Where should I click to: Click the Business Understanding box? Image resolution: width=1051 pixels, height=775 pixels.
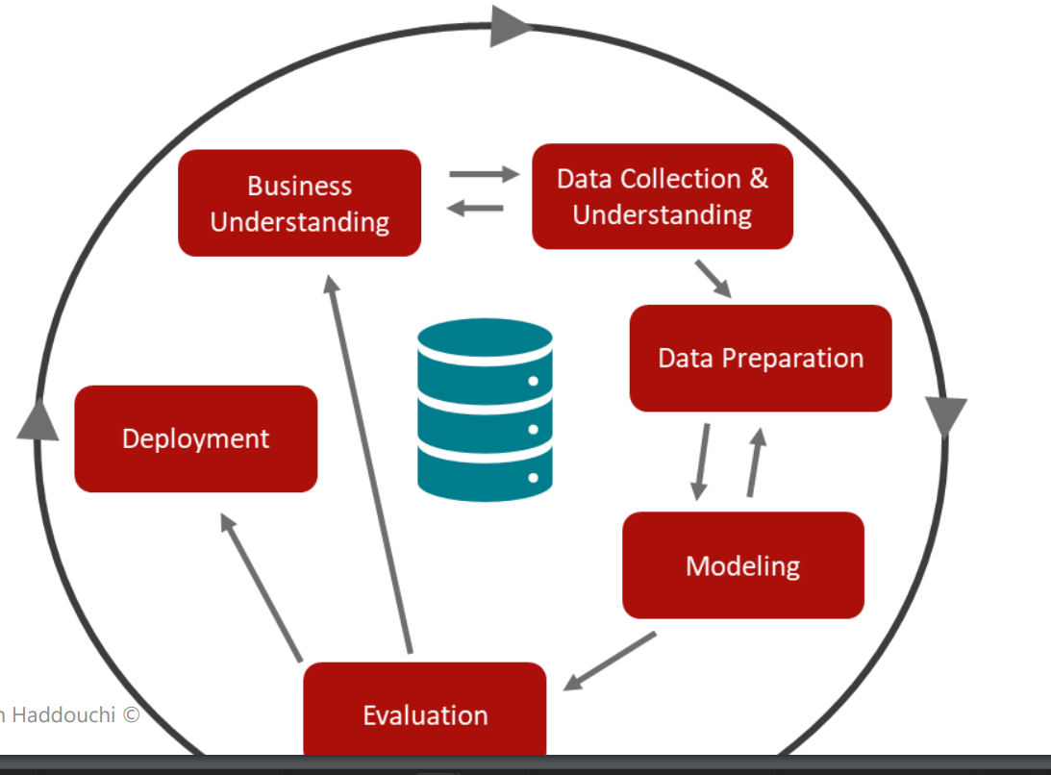[x=300, y=203]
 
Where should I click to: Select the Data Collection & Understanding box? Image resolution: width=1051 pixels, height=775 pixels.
[x=663, y=196]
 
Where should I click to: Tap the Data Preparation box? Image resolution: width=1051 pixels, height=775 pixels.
[x=761, y=358]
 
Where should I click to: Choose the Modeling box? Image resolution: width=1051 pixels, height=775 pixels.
[x=742, y=565]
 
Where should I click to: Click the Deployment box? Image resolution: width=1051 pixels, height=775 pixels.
[x=196, y=438]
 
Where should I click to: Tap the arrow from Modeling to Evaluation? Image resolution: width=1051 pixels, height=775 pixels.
[x=610, y=661]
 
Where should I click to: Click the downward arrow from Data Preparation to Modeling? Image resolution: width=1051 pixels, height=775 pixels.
[x=702, y=462]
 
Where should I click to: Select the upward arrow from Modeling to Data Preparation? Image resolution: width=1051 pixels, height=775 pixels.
[x=755, y=462]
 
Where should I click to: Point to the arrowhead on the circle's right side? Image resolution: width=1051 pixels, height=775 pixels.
[x=945, y=416]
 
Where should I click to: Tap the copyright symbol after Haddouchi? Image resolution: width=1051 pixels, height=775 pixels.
[x=131, y=715]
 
